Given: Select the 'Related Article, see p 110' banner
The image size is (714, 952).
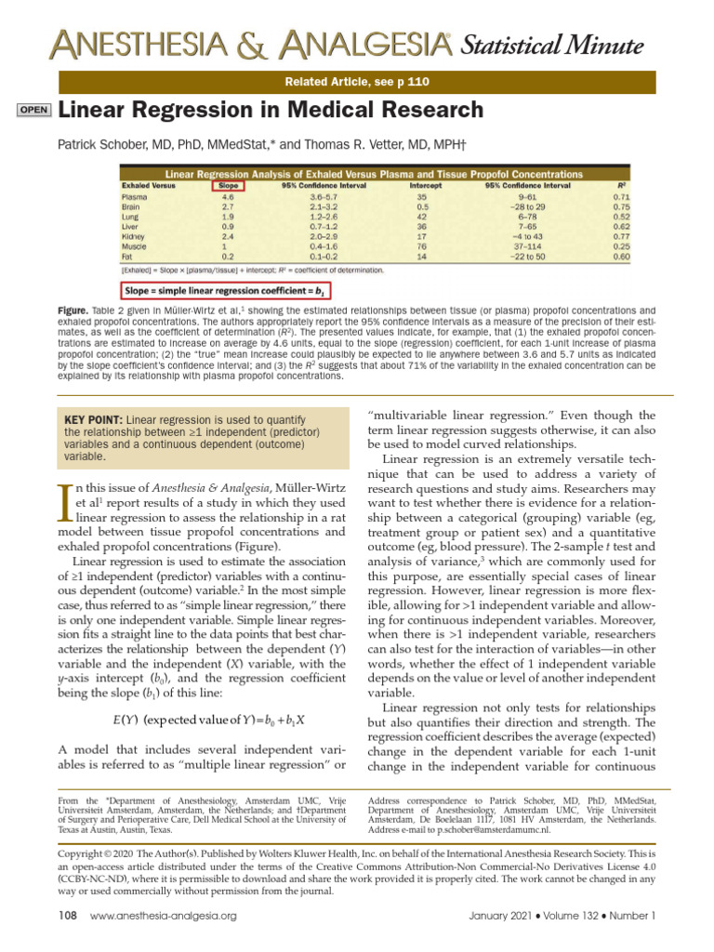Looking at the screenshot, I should tap(357, 82).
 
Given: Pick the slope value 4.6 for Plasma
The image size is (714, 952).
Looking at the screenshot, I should tap(228, 197).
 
